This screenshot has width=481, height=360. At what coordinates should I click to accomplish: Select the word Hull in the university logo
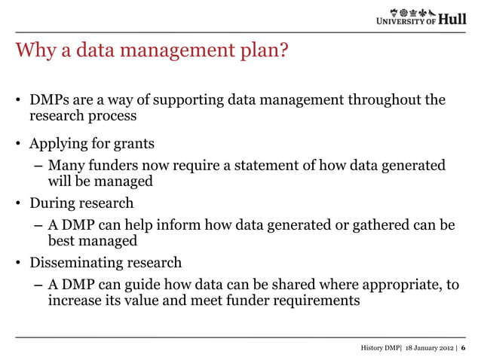(x=453, y=19)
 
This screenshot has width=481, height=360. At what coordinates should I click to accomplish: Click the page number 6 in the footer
(x=463, y=348)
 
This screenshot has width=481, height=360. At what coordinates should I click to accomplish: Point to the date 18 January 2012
(x=426, y=348)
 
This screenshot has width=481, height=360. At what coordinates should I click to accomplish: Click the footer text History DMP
(x=378, y=348)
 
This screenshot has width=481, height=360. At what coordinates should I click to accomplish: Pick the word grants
(x=135, y=142)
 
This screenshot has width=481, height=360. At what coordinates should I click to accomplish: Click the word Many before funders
(x=66, y=165)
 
